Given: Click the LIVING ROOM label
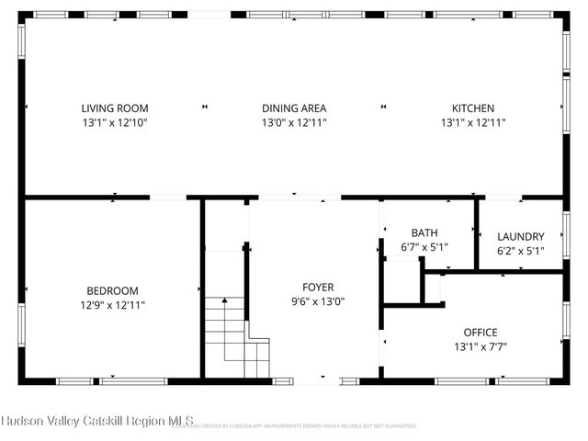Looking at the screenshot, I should pyautogui.click(x=114, y=107).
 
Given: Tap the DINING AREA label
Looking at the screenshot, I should pyautogui.click(x=294, y=107).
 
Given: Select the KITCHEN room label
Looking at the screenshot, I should pyautogui.click(x=472, y=107).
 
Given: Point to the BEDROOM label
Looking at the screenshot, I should pyautogui.click(x=113, y=290).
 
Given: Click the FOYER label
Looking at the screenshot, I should pyautogui.click(x=318, y=287).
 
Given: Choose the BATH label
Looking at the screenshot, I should pyautogui.click(x=424, y=233).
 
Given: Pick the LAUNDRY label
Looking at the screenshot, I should pyautogui.click(x=520, y=236).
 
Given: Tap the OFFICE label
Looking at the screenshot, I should pyautogui.click(x=474, y=332).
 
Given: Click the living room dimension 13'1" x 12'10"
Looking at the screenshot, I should pyautogui.click(x=114, y=122).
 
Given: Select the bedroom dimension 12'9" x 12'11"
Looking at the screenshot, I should pyautogui.click(x=113, y=305).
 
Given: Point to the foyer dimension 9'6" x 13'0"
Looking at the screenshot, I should pyautogui.click(x=318, y=301).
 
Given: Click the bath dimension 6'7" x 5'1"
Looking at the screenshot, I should pyautogui.click(x=424, y=247).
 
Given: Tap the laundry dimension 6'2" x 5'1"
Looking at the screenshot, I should pyautogui.click(x=520, y=250).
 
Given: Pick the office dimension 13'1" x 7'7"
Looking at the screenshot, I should pyautogui.click(x=474, y=346).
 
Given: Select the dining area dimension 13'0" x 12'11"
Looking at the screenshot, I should pyautogui.click(x=294, y=122).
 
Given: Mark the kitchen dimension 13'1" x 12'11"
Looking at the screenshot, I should pyautogui.click(x=472, y=122).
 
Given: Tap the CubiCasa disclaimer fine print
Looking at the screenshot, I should pyautogui.click(x=303, y=426).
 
